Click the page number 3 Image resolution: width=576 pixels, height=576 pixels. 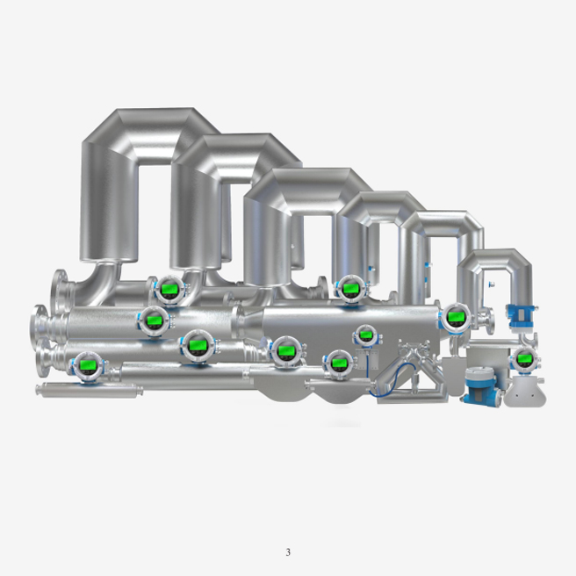tap(287, 552)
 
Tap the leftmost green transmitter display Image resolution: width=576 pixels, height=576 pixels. tap(86, 365)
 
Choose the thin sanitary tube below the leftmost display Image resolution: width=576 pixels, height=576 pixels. tap(88, 389)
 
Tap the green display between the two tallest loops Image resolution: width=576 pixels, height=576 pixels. tap(168, 288)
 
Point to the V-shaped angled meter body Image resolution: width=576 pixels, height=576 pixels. tap(413, 369)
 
